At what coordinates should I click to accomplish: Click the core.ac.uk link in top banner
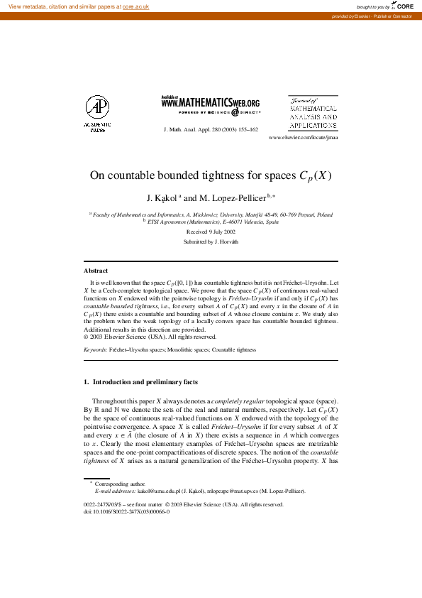[x=138, y=6]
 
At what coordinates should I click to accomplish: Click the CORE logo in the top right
[x=402, y=6]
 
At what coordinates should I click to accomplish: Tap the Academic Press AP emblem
[x=97, y=108]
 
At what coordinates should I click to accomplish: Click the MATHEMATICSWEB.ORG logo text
[x=211, y=103]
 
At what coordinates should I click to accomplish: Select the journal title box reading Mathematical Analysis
[x=313, y=114]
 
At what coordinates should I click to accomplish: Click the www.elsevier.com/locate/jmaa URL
[x=304, y=138]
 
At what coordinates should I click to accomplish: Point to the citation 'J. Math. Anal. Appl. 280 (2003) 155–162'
[x=211, y=130]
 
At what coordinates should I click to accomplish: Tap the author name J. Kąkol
[x=160, y=198]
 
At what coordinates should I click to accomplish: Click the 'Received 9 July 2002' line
[x=211, y=232]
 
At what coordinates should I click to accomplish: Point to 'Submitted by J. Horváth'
[x=211, y=242]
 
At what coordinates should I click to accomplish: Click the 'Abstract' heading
[x=96, y=271]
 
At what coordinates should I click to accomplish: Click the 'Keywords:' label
[x=96, y=350]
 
